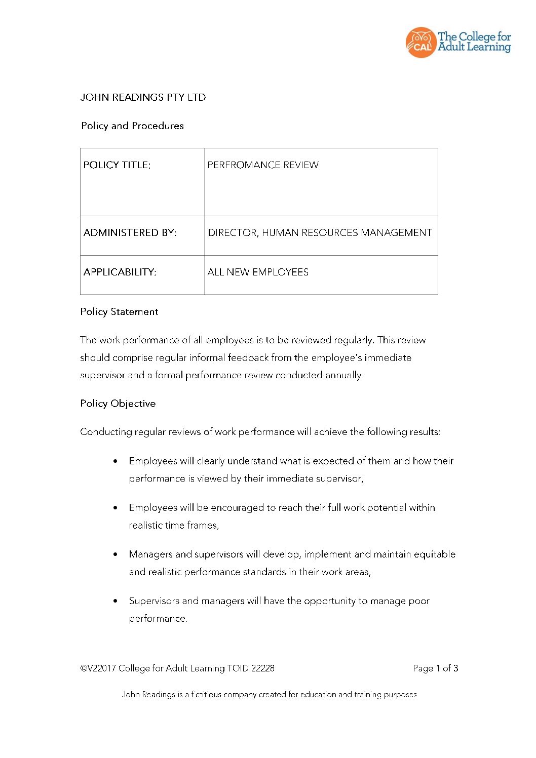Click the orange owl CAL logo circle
point(420,43)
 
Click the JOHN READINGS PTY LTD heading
point(143,97)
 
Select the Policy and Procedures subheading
point(132,126)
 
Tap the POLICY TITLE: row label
point(117,165)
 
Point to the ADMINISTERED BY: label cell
point(130,233)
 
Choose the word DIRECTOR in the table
point(233,233)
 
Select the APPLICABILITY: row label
point(120,272)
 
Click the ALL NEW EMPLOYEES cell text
point(258,272)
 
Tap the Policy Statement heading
point(119,312)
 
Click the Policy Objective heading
point(118,404)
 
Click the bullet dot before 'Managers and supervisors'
point(116,554)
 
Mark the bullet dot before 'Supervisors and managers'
point(116,601)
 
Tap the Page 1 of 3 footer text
point(435,668)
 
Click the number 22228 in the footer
point(263,668)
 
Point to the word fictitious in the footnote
point(206,695)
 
